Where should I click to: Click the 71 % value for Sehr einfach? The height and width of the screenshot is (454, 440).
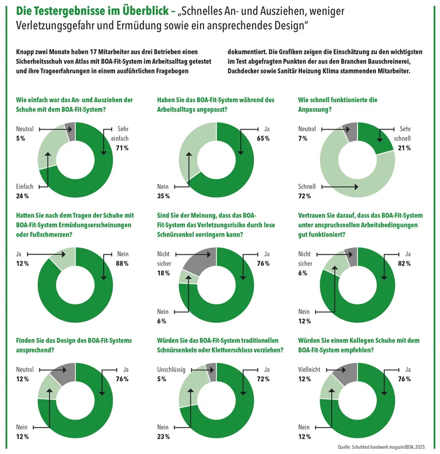tap(122, 148)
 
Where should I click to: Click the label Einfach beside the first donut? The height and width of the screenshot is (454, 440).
tap(25, 186)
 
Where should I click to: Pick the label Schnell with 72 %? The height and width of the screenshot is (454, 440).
tap(307, 186)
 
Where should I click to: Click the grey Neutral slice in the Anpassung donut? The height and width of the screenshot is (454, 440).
tap(350, 132)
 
